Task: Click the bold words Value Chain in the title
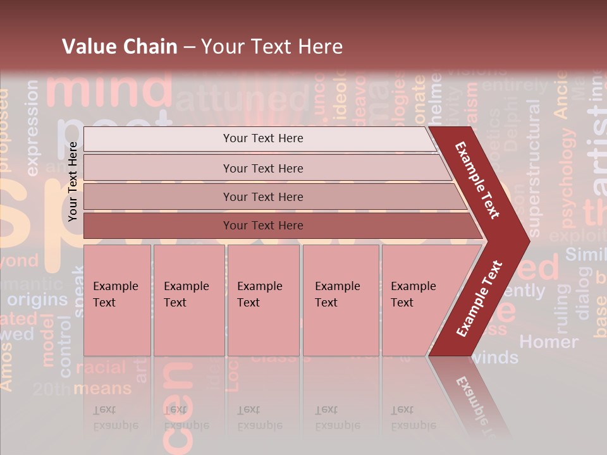tap(120, 47)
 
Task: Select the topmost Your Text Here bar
tap(262, 138)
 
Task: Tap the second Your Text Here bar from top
tap(262, 168)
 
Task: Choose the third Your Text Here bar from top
tap(262, 197)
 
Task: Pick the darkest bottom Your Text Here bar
tap(262, 226)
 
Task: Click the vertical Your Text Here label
tap(73, 181)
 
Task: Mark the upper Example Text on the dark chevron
tap(478, 179)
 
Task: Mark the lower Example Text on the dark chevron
tap(479, 298)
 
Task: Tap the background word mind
tap(109, 88)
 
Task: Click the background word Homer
tap(548, 342)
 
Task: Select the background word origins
tap(37, 300)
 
